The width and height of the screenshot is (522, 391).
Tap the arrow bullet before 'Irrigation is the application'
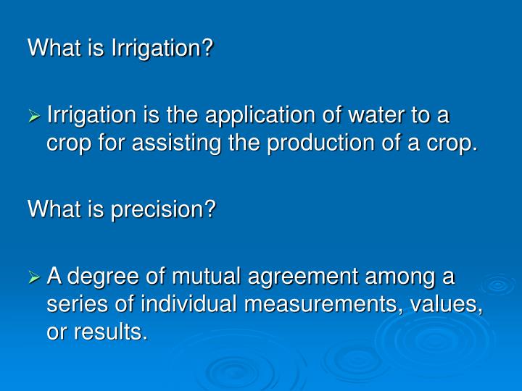pyautogui.click(x=35, y=116)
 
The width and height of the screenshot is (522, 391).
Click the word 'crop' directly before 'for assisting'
pyautogui.click(x=64, y=144)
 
